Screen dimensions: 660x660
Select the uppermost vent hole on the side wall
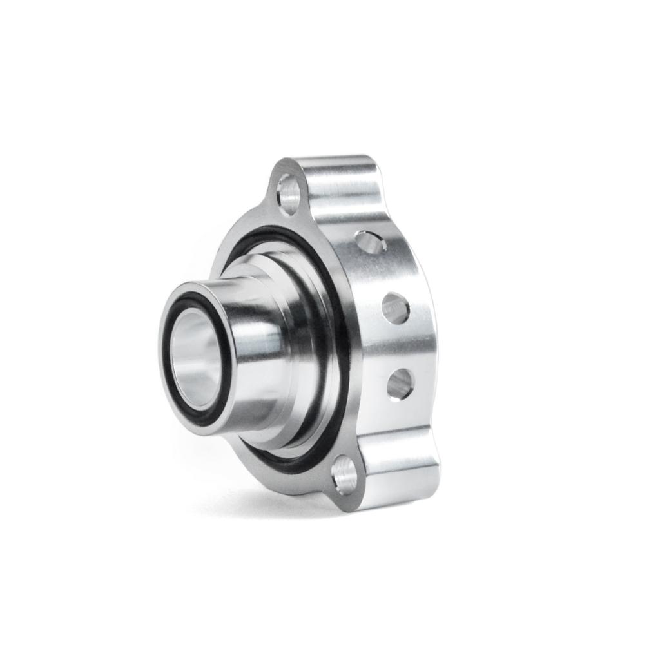[x=370, y=243]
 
